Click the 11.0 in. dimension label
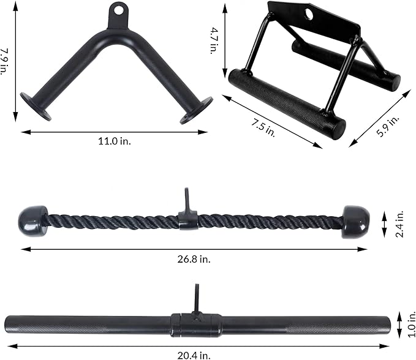(x=115, y=141)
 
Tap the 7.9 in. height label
(x=4, y=61)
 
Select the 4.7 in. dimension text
(x=214, y=40)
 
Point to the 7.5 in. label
(x=263, y=128)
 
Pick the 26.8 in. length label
(x=194, y=259)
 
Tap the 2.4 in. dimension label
(x=399, y=224)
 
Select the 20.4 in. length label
(x=194, y=355)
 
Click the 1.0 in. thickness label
(x=411, y=324)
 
